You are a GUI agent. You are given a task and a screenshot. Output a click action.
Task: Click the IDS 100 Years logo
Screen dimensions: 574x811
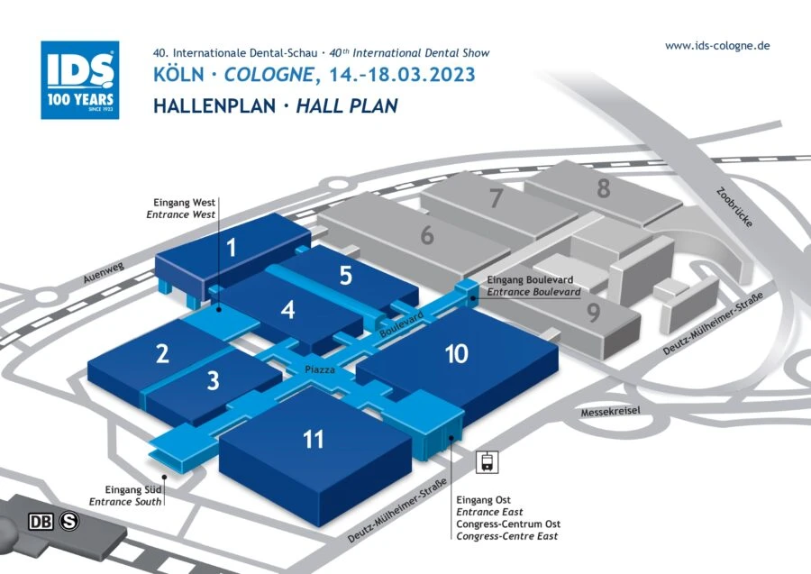pos(79,80)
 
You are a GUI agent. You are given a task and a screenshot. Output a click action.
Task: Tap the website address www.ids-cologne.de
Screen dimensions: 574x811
pos(717,46)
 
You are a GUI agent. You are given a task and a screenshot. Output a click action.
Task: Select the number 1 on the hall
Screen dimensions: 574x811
pos(232,246)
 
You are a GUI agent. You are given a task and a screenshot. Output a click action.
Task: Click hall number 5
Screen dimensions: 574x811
pos(345,276)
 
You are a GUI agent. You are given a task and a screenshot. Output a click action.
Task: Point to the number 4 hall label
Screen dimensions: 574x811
pos(287,310)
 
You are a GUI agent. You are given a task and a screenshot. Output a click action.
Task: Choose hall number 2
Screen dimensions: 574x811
pos(162,353)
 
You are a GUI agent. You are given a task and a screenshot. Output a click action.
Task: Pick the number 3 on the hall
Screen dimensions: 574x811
pos(213,380)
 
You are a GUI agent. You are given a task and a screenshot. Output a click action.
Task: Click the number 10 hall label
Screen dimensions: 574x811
pos(456,353)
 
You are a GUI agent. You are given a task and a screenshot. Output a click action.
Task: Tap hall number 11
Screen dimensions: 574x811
pos(313,439)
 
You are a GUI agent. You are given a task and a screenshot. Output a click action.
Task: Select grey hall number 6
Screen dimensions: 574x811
pos(426,237)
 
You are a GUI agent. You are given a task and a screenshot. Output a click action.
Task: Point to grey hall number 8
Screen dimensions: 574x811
pos(603,188)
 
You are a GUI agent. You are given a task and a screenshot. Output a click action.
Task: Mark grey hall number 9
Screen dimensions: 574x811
pos(593,314)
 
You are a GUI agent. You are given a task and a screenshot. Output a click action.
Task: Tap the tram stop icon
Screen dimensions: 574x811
pos(487,462)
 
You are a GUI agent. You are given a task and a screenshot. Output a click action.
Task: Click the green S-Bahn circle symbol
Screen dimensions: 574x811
pos(68,521)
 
